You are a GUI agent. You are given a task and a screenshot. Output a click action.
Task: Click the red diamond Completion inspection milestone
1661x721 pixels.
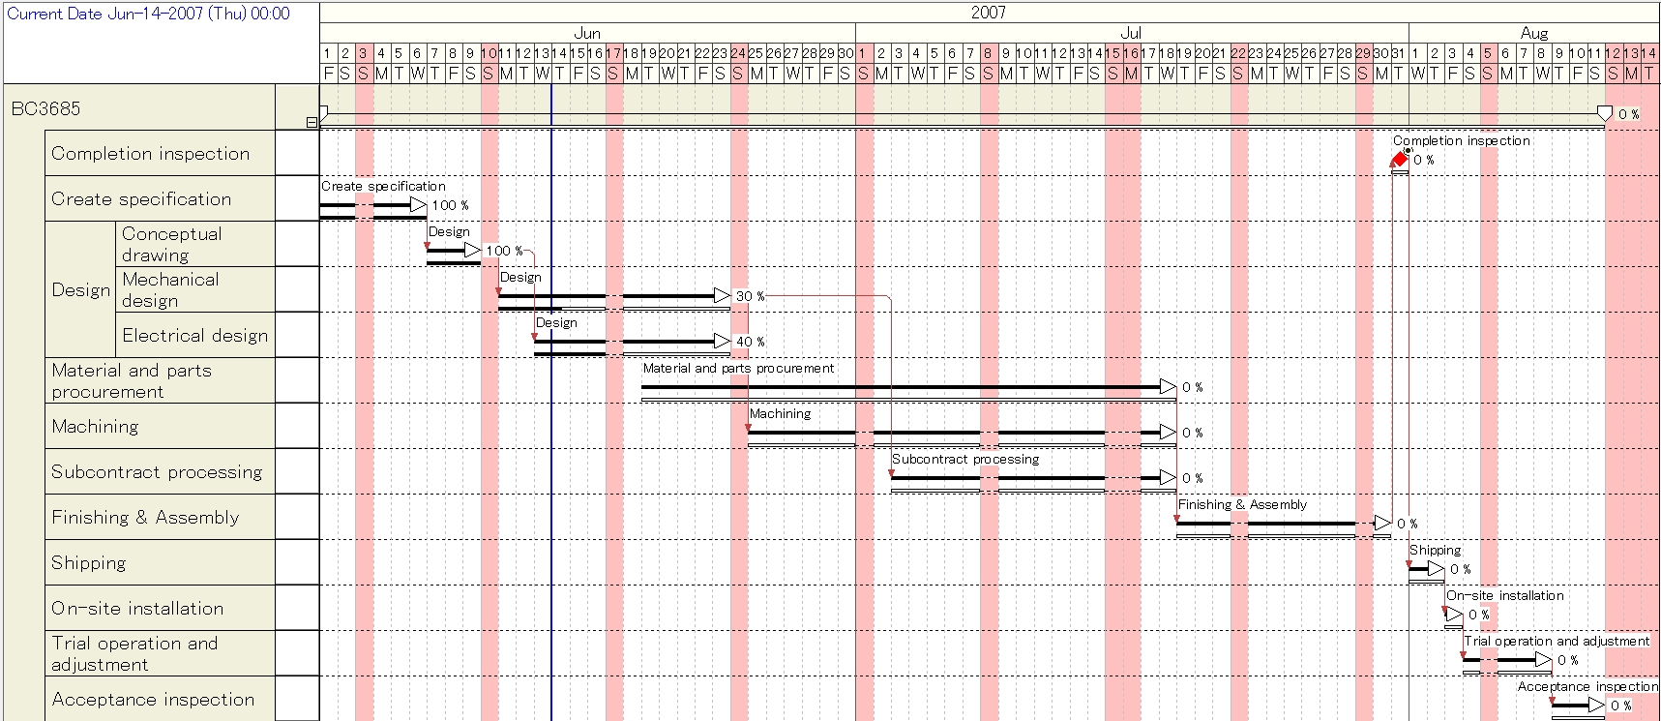(x=1400, y=160)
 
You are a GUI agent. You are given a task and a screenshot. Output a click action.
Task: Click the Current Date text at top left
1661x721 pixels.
(x=148, y=14)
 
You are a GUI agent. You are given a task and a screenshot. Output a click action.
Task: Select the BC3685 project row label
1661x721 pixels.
(x=45, y=108)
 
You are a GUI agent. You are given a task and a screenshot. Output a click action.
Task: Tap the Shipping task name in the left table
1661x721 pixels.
(x=89, y=563)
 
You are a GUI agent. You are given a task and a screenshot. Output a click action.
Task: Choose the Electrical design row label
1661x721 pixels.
(x=194, y=335)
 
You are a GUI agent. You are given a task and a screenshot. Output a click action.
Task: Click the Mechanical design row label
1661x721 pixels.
(x=170, y=289)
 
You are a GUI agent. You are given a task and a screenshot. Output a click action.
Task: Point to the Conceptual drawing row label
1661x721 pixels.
(x=171, y=244)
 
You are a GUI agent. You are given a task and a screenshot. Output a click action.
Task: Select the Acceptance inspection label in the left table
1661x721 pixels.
(x=153, y=699)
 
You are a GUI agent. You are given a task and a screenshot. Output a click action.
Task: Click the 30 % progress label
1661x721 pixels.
(x=750, y=296)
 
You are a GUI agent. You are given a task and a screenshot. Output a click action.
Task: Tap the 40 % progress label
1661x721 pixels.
(x=750, y=342)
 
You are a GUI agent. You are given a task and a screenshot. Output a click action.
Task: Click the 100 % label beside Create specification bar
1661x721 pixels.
(x=450, y=205)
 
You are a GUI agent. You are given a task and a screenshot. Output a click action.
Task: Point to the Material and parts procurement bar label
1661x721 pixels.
(x=738, y=368)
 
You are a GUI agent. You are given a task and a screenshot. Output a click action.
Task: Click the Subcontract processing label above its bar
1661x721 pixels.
(x=965, y=459)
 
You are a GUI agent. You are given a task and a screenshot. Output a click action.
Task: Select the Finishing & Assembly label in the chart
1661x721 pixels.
(x=1242, y=504)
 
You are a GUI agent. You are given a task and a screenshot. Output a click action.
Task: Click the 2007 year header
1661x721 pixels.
(x=988, y=12)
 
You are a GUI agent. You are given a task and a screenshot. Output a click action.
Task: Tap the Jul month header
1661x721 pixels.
(x=1131, y=33)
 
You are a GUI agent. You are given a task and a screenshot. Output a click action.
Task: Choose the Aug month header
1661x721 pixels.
(x=1534, y=33)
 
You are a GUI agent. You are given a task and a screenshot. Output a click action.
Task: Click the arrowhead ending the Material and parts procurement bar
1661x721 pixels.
(x=1169, y=387)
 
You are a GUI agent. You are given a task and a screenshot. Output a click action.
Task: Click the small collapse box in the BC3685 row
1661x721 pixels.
(x=311, y=122)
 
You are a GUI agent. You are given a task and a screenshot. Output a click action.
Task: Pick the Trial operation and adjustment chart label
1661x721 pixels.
(x=1557, y=641)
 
